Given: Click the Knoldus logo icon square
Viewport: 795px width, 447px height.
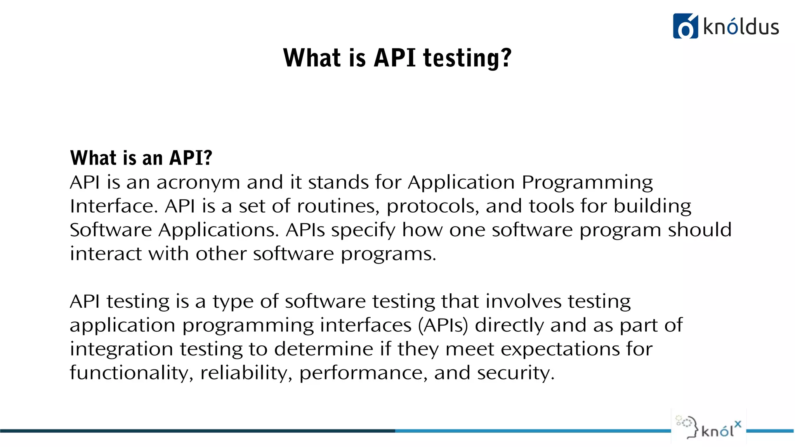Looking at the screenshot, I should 685,26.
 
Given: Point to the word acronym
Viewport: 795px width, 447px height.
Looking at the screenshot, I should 198,182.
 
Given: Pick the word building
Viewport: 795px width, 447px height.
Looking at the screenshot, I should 652,206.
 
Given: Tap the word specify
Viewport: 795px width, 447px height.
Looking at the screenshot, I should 363,230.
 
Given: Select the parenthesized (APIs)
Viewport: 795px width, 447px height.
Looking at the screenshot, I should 443,326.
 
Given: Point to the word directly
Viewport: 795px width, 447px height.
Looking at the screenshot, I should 509,326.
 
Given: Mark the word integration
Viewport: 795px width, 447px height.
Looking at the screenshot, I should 121,349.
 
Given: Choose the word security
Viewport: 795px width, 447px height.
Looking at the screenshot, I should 516,373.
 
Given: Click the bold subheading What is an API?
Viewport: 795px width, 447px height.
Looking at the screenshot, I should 141,158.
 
